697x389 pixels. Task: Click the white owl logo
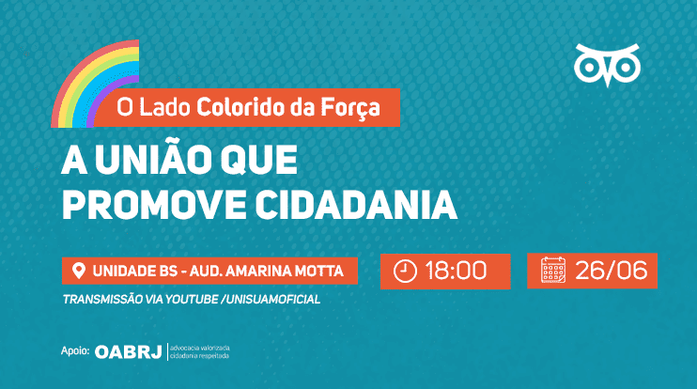[x=607, y=65]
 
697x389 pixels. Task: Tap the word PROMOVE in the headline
[x=154, y=205]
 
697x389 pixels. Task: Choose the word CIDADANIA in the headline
[x=356, y=205]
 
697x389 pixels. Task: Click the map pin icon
[x=79, y=271]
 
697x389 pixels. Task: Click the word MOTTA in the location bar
[x=321, y=272]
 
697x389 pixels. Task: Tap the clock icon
[x=405, y=272]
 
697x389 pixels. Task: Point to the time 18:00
[x=457, y=271]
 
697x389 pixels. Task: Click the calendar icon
[x=553, y=270]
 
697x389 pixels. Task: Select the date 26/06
[x=612, y=271]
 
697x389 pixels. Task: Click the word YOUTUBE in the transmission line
[x=192, y=300]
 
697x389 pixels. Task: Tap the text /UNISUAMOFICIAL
[x=271, y=300]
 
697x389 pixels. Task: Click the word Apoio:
[x=75, y=351]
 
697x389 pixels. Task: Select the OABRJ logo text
[x=129, y=352]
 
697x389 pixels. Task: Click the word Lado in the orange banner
[x=164, y=107]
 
